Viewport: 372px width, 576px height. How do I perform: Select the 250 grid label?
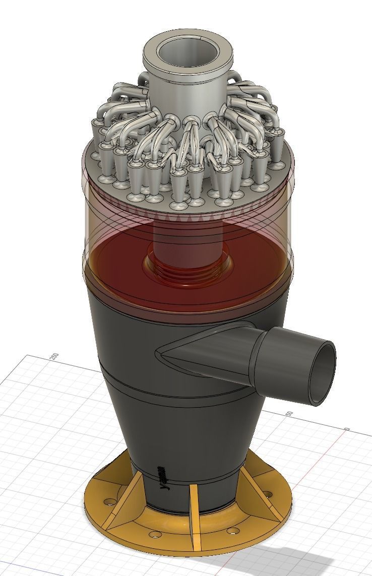[54, 357]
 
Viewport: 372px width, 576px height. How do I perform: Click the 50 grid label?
[289, 414]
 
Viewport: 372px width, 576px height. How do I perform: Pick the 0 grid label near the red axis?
[347, 429]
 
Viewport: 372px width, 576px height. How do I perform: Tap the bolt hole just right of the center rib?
[231, 531]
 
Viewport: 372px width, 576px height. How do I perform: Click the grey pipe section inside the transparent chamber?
[187, 242]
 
